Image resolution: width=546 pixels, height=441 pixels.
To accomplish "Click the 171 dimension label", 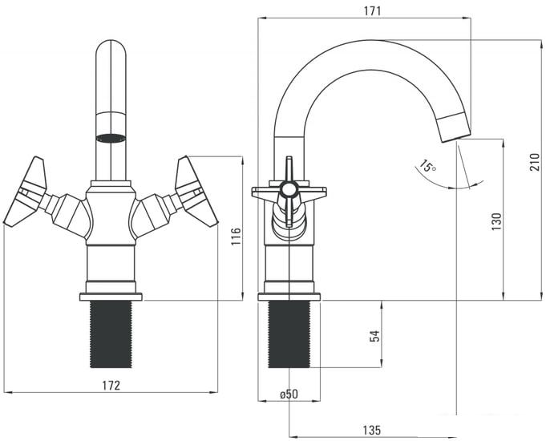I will (x=372, y=10).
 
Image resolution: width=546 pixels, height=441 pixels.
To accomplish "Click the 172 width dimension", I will (x=111, y=385).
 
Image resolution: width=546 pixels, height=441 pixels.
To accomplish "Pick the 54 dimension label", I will (x=374, y=335).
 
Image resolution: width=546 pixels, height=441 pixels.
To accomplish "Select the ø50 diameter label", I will (x=289, y=394).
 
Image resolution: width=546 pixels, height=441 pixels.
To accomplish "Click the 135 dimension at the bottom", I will (x=370, y=431).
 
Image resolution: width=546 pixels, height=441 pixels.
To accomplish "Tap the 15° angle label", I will (x=427, y=167).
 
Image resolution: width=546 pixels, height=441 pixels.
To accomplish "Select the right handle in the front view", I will (x=195, y=192).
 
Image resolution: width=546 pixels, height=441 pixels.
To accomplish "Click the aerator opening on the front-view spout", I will (x=111, y=137).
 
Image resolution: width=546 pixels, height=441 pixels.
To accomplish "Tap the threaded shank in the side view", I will (x=289, y=334).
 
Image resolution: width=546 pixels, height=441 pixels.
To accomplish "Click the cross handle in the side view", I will (x=289, y=192).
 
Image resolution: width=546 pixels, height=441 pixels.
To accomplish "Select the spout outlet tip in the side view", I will (x=455, y=128).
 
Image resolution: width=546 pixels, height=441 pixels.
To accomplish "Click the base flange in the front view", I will (x=111, y=297).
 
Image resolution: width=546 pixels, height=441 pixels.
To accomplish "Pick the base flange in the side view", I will (x=289, y=297).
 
